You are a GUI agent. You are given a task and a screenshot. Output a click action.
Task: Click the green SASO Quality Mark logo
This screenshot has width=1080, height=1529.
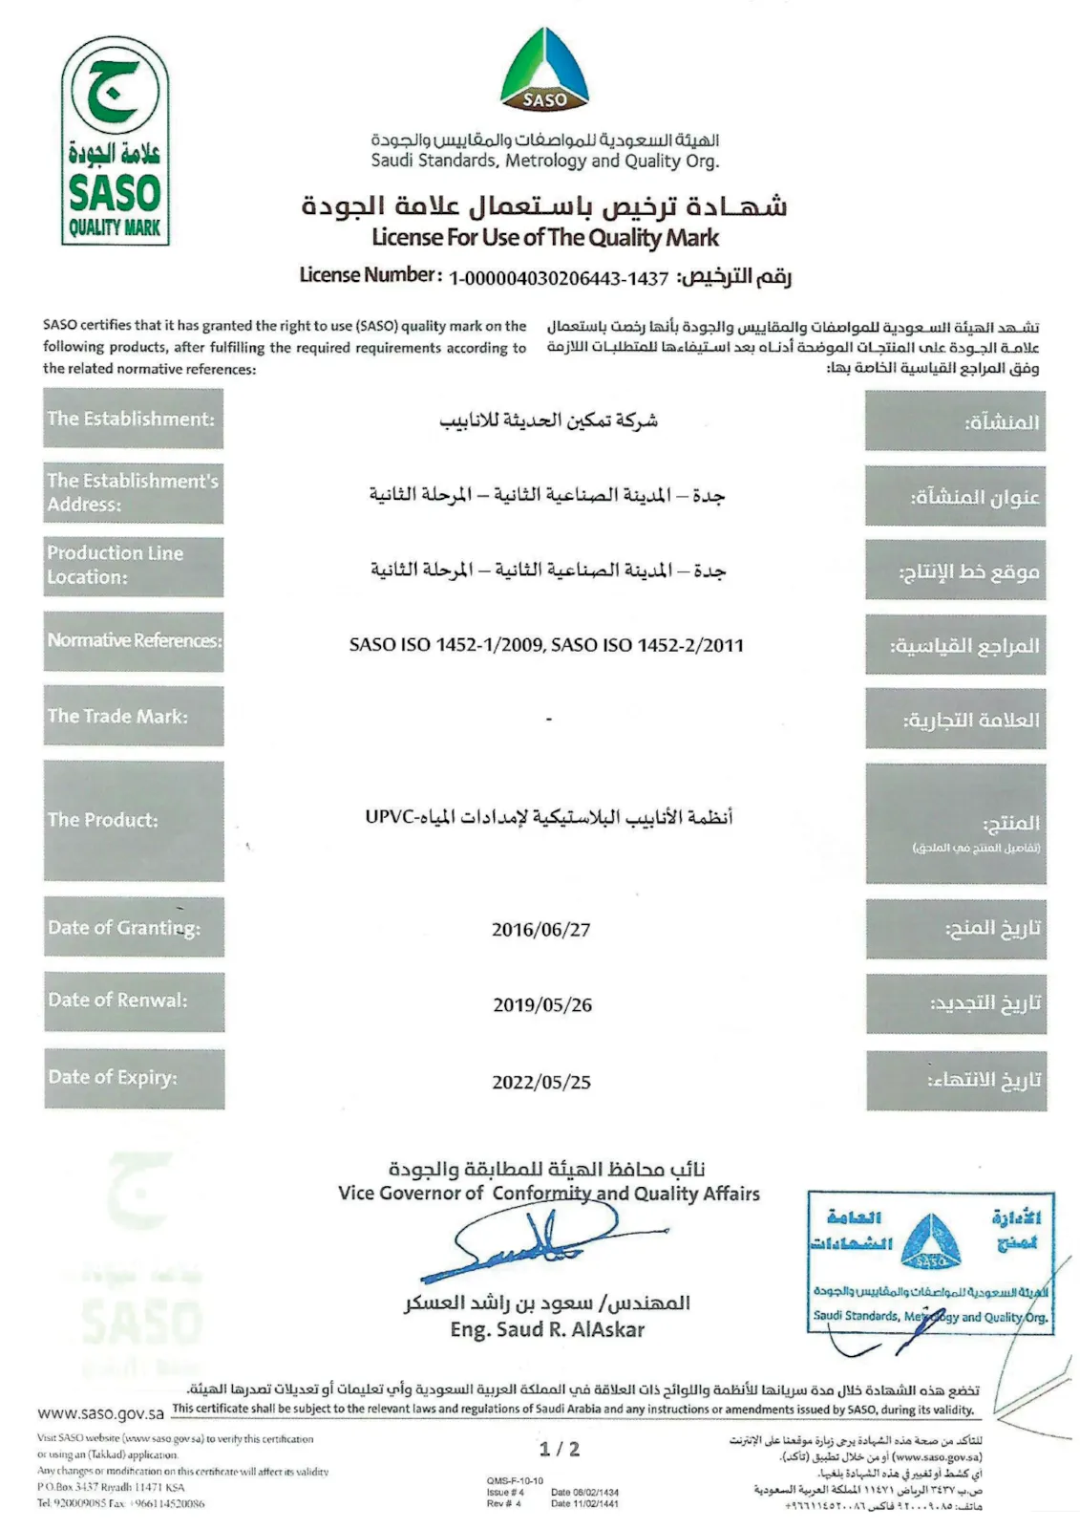coord(115,141)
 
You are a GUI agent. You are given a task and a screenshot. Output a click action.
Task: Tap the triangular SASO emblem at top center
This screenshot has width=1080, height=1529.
coord(544,69)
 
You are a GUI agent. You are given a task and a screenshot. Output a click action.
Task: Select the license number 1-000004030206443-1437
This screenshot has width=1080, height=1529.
coord(559,278)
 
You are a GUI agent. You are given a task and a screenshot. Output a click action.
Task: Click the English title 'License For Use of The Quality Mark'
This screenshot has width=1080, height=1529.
coord(545,237)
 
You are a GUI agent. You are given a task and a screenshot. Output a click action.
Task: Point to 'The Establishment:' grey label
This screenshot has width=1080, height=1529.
coord(133,419)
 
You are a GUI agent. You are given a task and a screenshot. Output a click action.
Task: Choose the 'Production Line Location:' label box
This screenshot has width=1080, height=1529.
coord(133,566)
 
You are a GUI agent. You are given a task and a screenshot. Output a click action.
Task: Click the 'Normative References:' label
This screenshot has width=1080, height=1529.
coord(134,640)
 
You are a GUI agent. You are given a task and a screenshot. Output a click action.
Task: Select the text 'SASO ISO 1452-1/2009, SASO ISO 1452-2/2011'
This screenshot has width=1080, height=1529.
coord(546,645)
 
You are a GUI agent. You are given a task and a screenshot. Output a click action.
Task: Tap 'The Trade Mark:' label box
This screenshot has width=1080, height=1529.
coord(133,716)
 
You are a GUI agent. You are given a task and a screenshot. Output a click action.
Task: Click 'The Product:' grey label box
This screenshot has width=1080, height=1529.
coord(134,820)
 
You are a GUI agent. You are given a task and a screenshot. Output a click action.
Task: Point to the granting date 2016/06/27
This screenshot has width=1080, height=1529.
coord(541,929)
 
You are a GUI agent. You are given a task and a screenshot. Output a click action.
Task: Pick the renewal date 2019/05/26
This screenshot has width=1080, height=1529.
coord(542,1004)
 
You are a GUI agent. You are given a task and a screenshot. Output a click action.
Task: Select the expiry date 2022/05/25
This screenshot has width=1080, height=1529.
coord(541,1082)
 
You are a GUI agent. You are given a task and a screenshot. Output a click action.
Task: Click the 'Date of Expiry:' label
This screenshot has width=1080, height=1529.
coord(134,1078)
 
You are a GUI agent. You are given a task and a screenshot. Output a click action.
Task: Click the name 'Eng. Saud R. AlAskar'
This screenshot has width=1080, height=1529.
coord(547,1329)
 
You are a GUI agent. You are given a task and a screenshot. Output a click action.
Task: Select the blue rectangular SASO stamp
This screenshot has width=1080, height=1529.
coord(930,1261)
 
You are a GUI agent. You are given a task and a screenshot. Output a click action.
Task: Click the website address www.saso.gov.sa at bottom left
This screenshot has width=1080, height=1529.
coord(100,1412)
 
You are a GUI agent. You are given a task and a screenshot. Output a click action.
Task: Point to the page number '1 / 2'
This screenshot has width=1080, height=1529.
coord(559,1449)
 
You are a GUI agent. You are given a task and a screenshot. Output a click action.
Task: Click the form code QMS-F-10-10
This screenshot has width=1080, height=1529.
coord(515,1480)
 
